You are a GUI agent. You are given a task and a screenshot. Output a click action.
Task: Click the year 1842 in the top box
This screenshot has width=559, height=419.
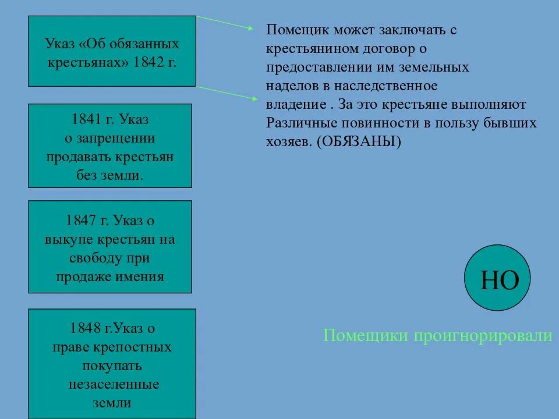(x=149, y=62)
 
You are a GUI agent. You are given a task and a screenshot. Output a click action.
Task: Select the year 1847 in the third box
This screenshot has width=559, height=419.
(x=81, y=221)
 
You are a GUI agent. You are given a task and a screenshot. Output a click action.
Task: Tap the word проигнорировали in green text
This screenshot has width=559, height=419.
(x=483, y=336)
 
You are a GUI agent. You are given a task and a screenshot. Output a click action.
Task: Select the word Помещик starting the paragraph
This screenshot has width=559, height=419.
(x=293, y=30)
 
